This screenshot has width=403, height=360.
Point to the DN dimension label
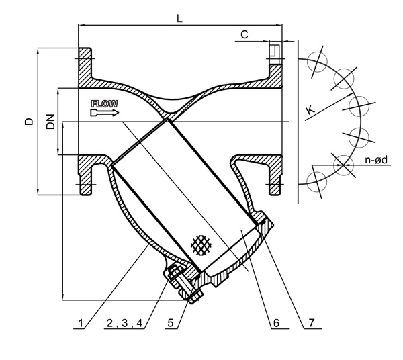coord(50,122)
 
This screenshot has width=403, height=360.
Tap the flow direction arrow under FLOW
coord(104,113)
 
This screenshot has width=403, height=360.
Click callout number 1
coord(82,323)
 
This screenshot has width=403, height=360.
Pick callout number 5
coord(172,323)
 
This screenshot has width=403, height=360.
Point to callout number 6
coord(275,323)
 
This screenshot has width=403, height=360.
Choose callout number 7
coord(311,323)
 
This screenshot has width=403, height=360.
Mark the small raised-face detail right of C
coord(275,51)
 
